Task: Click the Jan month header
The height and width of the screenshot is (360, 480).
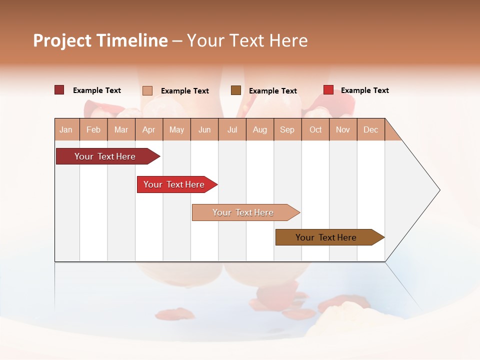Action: click(x=66, y=130)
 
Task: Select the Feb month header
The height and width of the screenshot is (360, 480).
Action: click(x=93, y=130)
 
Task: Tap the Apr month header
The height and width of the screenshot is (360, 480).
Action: click(x=148, y=130)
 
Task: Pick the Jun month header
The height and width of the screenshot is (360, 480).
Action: click(x=204, y=130)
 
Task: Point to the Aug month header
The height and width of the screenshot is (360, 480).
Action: click(x=259, y=130)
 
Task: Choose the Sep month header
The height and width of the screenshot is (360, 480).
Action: click(x=287, y=130)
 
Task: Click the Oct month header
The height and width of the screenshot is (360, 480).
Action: click(x=315, y=130)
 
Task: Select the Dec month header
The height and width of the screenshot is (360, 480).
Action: click(x=370, y=130)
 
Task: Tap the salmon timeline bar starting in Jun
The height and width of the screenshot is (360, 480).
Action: click(x=244, y=212)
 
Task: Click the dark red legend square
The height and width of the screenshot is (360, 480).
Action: click(x=59, y=90)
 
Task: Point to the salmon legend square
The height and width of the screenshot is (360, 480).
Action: click(x=147, y=90)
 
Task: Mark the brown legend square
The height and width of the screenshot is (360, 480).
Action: click(x=235, y=90)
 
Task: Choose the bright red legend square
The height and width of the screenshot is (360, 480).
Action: click(x=328, y=90)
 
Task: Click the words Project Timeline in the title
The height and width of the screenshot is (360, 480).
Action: click(x=100, y=40)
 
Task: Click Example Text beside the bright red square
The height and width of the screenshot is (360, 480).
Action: click(x=364, y=90)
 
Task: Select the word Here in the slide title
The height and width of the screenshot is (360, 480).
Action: click(x=288, y=40)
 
